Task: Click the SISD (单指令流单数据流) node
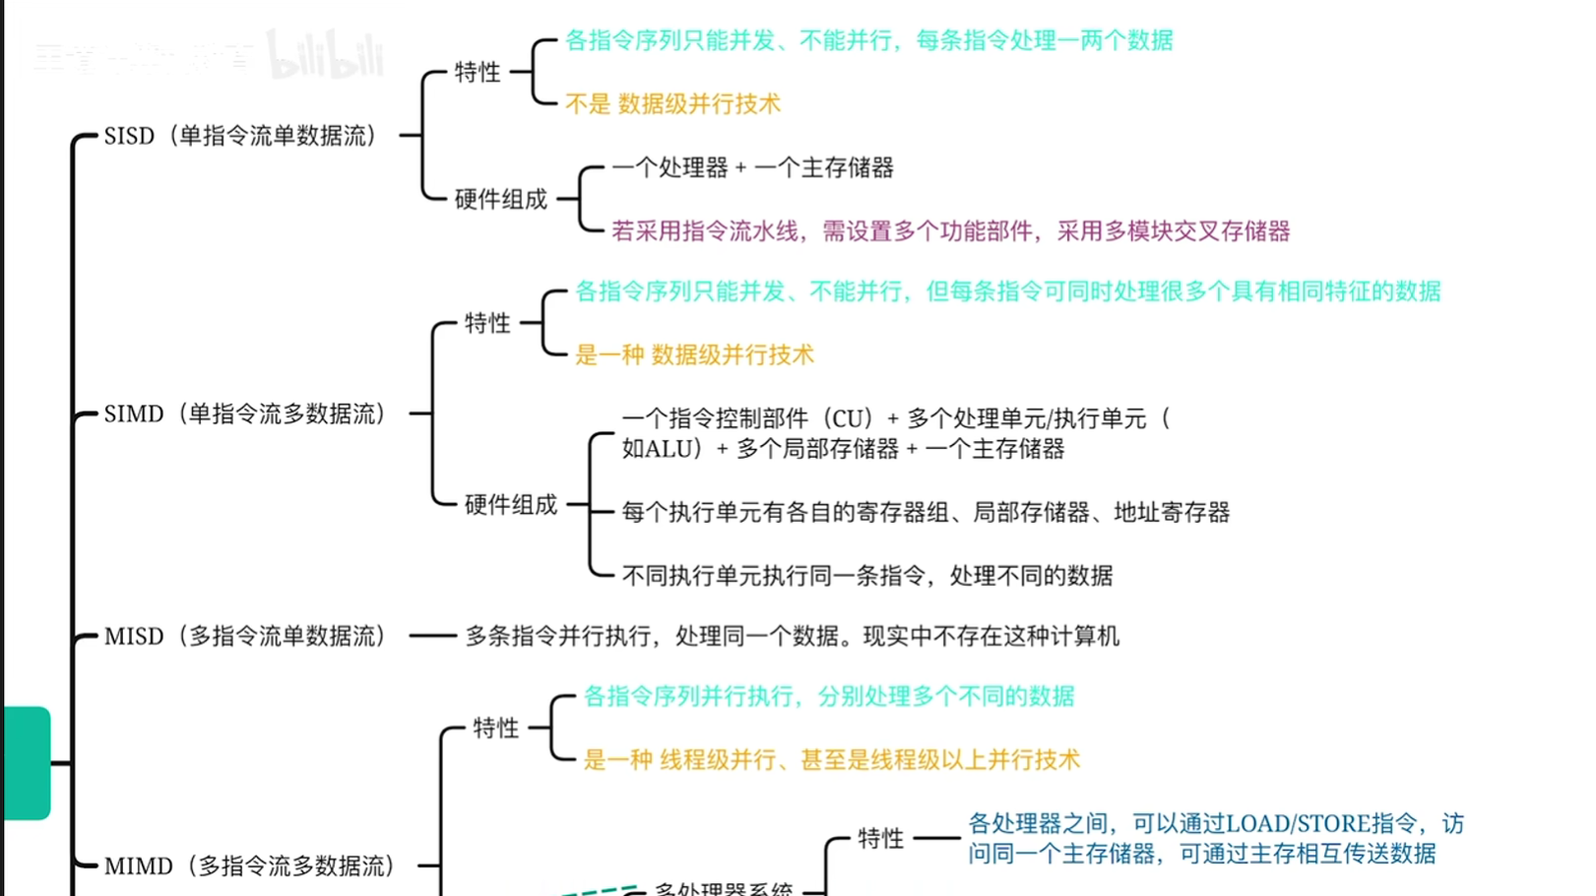tap(240, 136)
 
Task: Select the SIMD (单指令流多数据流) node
tap(244, 415)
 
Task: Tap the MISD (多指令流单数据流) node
tap(244, 637)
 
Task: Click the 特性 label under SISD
tap(478, 72)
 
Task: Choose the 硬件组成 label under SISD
tap(500, 199)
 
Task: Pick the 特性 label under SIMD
tap(487, 323)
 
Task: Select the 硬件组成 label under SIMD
tap(510, 505)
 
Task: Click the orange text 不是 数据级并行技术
tap(672, 104)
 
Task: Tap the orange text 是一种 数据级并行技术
tap(694, 355)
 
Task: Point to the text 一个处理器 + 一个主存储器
tap(752, 168)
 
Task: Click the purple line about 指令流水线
tap(950, 231)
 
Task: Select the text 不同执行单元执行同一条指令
tap(866, 576)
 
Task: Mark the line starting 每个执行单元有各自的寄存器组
tap(926, 513)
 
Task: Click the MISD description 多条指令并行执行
tap(792, 637)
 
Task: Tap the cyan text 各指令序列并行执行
tap(828, 697)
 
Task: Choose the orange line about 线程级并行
tap(831, 760)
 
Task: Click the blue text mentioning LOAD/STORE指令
tap(1215, 838)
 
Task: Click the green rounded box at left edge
tap(26, 763)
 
